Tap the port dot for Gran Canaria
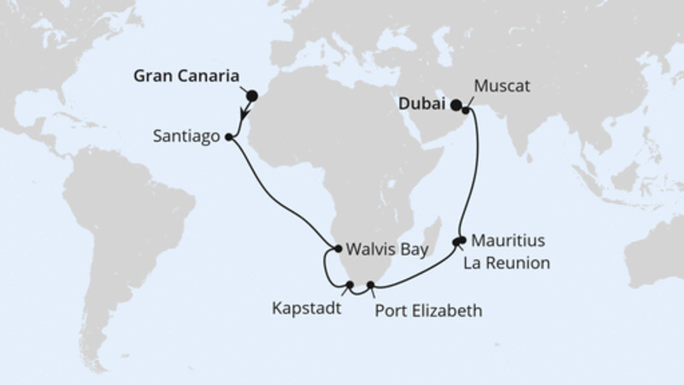[251, 96]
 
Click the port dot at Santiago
[228, 136]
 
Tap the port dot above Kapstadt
[351, 284]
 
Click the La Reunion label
[506, 262]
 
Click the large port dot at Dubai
[457, 105]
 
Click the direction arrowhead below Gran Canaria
[245, 119]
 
